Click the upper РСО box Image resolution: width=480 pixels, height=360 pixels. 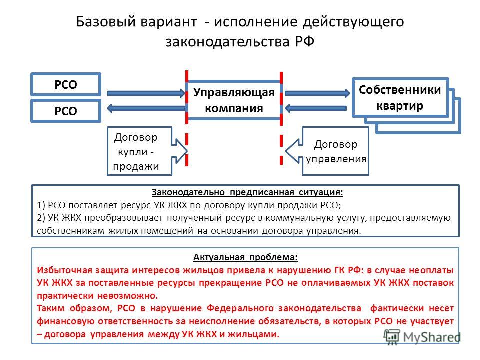point(66,84)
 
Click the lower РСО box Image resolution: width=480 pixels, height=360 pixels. point(66,111)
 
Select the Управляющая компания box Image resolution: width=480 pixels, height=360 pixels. point(234,100)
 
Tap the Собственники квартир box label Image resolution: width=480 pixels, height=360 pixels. point(400,98)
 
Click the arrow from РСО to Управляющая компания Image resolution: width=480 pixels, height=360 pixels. point(146,93)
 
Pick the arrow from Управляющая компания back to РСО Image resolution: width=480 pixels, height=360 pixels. point(146,108)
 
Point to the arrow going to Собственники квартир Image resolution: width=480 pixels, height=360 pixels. point(317,93)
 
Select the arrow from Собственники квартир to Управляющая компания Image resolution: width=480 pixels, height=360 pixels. point(315,108)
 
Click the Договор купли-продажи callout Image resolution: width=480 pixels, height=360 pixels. point(147,151)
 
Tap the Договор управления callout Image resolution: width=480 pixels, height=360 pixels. point(327,151)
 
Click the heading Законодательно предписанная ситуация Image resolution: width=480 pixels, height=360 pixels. point(247,192)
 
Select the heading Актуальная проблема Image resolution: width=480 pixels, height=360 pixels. point(245,257)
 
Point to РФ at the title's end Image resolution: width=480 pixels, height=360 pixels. point(305,41)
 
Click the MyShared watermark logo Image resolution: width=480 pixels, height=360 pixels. point(422,337)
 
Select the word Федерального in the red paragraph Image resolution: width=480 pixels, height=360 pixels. point(240,308)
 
